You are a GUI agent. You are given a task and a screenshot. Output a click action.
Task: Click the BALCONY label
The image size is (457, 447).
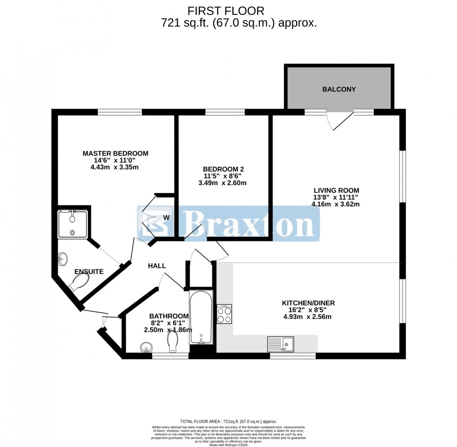pyautogui.click(x=339, y=89)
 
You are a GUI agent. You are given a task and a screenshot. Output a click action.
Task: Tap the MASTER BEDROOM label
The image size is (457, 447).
pyautogui.click(x=115, y=153)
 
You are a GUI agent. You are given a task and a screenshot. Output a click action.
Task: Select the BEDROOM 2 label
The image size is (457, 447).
pyautogui.click(x=223, y=169)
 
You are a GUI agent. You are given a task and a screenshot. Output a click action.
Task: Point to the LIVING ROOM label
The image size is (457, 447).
pyautogui.click(x=336, y=190)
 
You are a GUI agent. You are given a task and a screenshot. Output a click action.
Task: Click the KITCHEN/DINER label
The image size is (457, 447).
pyautogui.click(x=308, y=303)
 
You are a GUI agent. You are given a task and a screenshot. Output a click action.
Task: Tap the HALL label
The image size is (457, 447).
pyautogui.click(x=157, y=266)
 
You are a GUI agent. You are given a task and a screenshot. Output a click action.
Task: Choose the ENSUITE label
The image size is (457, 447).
pyautogui.click(x=89, y=271)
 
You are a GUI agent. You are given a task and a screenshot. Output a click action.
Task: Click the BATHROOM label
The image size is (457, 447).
pyautogui.click(x=168, y=316)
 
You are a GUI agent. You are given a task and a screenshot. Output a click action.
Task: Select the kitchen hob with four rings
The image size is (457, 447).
pyautogui.click(x=224, y=314)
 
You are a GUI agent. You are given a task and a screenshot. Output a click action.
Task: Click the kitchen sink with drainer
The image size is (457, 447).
pyautogui.click(x=280, y=344)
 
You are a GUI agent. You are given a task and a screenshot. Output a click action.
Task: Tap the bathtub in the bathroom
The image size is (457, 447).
pyautogui.click(x=201, y=317)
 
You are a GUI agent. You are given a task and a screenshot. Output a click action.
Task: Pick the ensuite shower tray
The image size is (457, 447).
pyautogui.click(x=73, y=224)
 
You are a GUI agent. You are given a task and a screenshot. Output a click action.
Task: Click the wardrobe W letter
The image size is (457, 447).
pyautogui.click(x=166, y=218)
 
